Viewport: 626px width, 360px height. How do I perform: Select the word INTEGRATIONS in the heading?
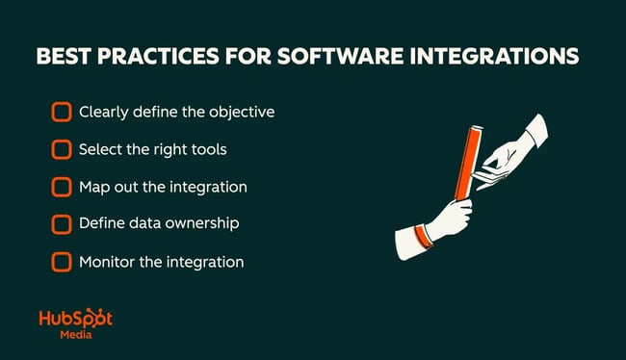(507, 57)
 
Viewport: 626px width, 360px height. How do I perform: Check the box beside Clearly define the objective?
(62, 113)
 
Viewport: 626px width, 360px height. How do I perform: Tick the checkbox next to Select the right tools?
(62, 149)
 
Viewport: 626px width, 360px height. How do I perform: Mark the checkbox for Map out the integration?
(62, 187)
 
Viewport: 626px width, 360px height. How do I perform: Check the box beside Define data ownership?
(62, 224)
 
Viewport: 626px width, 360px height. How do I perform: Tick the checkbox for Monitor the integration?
(62, 261)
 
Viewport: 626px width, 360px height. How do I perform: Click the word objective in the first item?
(241, 113)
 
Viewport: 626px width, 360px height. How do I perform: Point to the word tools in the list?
(209, 149)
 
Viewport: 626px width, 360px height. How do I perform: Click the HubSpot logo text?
(75, 319)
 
